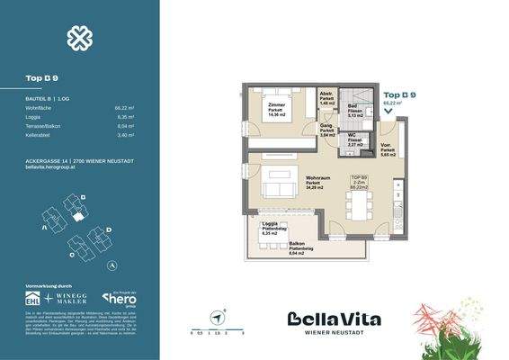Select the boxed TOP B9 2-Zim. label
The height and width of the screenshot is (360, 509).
coord(358,183)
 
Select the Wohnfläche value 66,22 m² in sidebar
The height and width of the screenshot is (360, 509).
coord(125,107)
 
